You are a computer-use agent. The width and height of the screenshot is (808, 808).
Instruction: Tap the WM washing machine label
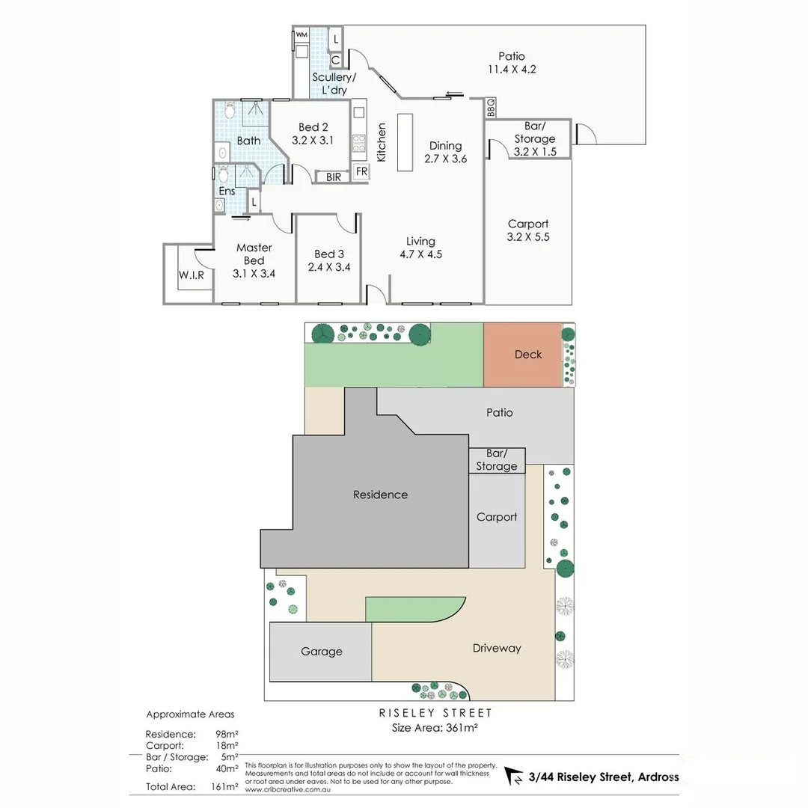[302, 35]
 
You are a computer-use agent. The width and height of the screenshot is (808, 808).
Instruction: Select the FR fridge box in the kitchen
[362, 171]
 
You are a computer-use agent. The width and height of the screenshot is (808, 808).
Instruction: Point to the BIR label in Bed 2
[334, 177]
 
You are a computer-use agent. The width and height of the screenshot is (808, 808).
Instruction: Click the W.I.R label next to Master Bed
[192, 275]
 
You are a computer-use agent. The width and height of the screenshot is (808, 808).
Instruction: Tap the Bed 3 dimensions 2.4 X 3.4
[329, 267]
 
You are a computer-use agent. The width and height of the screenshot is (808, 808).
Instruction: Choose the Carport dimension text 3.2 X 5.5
[528, 237]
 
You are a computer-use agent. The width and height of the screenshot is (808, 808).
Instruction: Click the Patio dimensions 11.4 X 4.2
[512, 69]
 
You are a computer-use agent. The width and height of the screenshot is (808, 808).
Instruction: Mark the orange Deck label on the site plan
[528, 355]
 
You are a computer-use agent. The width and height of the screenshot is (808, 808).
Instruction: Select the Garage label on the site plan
[322, 652]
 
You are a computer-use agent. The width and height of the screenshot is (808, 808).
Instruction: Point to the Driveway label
[497, 648]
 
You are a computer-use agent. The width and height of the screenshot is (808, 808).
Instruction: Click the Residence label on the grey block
[380, 495]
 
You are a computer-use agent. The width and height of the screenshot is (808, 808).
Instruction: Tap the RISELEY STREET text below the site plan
[435, 713]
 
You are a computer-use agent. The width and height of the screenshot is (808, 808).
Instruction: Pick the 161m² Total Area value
[224, 787]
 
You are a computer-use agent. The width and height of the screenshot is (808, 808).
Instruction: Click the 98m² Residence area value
[227, 735]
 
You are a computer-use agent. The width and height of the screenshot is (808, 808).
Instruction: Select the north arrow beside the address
[514, 776]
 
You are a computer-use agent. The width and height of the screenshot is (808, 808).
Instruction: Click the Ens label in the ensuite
[227, 192]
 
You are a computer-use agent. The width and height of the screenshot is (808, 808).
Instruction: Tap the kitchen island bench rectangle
[405, 142]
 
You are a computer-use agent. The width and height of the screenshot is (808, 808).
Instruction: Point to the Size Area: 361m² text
[435, 728]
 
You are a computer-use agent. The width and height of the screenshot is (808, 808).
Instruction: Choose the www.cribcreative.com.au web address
[287, 789]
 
